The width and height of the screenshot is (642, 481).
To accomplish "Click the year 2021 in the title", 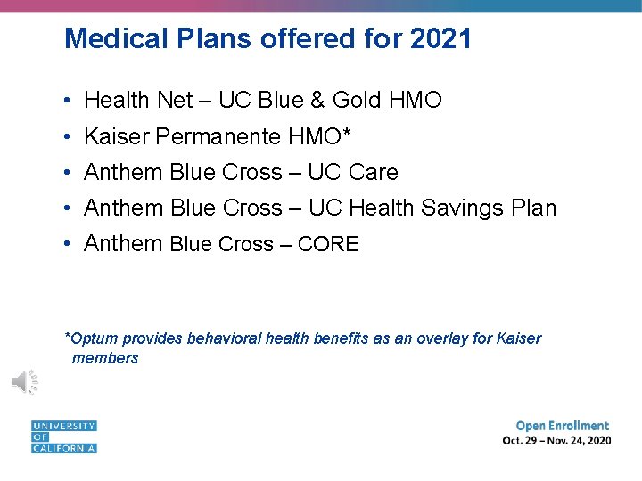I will tap(441, 38).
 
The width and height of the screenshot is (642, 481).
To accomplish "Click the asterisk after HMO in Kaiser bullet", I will tap(347, 134).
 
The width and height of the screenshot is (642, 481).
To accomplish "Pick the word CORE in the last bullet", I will tap(328, 244).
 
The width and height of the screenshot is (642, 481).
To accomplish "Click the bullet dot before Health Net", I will tap(68, 101).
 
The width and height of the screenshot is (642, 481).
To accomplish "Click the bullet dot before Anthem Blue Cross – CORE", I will tap(68, 244).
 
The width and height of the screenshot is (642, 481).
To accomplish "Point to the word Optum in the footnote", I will tap(95, 338).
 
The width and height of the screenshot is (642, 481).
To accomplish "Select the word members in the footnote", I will tap(105, 358).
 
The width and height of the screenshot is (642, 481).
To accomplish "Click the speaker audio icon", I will tap(24, 381).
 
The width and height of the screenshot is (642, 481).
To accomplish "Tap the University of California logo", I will tap(63, 436).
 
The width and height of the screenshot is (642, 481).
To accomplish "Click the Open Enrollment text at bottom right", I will tap(562, 426).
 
